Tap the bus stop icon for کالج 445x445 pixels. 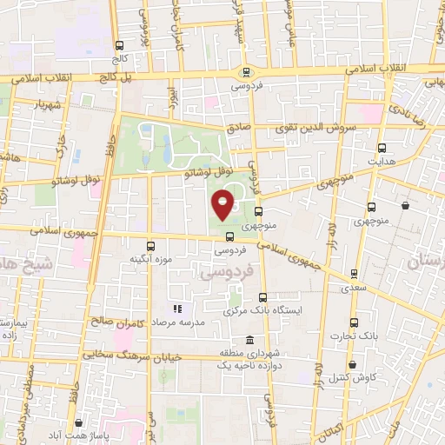tap(119, 45)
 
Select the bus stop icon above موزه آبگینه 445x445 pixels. tap(151, 246)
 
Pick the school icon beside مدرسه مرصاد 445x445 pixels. tap(176, 309)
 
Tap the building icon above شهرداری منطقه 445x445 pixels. tap(250, 339)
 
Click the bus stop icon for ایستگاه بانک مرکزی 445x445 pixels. tap(262, 297)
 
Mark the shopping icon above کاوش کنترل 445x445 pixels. tap(352, 365)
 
